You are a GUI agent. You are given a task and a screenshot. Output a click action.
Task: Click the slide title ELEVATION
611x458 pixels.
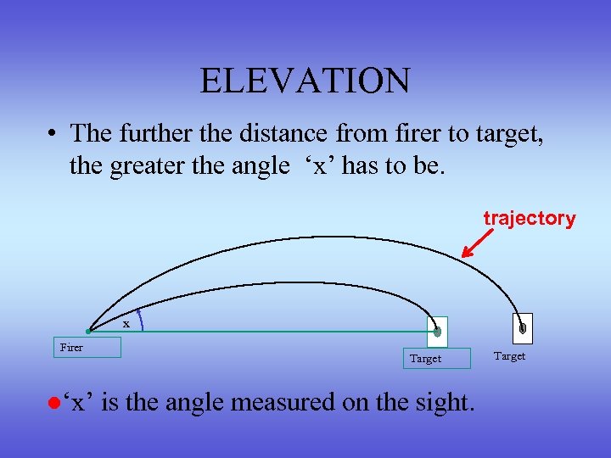[305, 81]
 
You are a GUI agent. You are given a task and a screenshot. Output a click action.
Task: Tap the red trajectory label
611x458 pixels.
[530, 218]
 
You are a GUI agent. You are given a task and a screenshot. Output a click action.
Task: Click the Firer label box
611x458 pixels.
[87, 347]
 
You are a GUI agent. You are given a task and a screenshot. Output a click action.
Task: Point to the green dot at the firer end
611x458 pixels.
[88, 332]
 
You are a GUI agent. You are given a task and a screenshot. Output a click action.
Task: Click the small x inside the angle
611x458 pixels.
[126, 323]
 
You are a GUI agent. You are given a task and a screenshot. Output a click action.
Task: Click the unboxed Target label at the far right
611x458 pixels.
[509, 356]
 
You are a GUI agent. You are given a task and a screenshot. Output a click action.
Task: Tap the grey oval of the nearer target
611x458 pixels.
[437, 332]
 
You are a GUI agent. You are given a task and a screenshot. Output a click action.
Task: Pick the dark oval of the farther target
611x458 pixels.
[523, 327]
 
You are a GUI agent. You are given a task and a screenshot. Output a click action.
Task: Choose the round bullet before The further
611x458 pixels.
[53, 134]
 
